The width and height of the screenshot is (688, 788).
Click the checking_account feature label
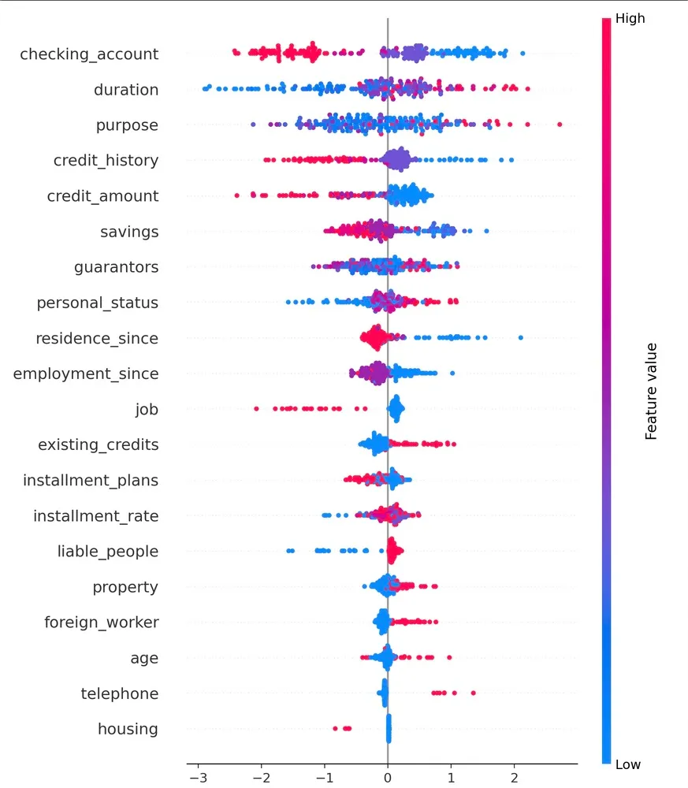coord(89,54)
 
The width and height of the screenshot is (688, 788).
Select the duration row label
coord(126,90)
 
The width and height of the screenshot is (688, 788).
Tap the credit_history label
coord(106,161)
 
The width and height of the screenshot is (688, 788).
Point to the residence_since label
coord(97,339)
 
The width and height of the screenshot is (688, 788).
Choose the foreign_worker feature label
coord(102,623)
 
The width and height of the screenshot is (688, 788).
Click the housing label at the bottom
coord(128,729)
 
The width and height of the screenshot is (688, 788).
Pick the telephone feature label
coord(120,693)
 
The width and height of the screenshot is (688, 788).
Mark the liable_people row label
coord(108,552)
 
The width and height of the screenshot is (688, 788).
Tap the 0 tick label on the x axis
coord(388,776)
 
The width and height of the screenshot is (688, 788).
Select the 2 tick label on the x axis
coord(515,776)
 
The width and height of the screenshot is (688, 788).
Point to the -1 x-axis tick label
coord(324,776)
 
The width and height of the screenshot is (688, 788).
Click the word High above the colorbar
coord(630,18)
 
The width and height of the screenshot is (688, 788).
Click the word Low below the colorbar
coord(628,764)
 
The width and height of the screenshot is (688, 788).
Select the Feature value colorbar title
coord(651,391)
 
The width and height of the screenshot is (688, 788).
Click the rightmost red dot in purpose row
coord(560,125)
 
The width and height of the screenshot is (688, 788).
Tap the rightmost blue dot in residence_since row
coord(521,337)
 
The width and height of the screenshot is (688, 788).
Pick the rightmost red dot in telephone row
coord(473,693)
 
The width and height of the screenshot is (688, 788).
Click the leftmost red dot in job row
coord(257,408)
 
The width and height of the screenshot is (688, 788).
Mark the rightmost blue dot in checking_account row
coord(523,54)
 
